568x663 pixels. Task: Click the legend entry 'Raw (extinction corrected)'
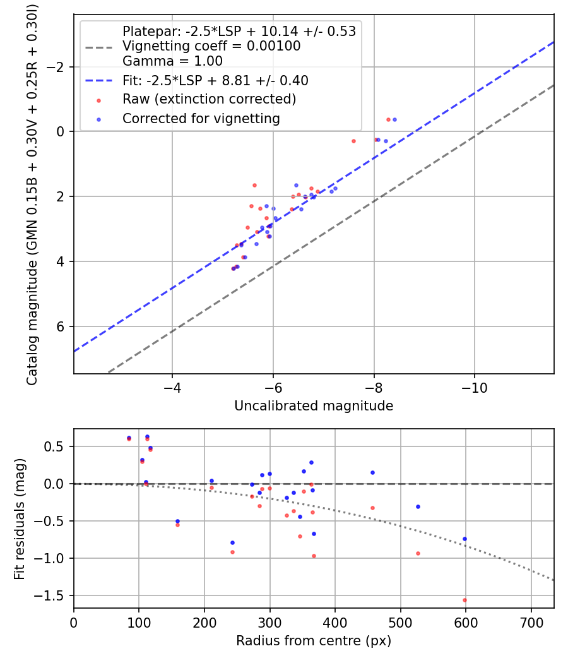tap(209, 99)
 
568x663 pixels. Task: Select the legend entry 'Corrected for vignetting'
tap(201, 118)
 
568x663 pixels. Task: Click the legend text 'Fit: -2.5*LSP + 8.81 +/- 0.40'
tap(215, 81)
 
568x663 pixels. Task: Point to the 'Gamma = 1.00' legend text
tap(172, 61)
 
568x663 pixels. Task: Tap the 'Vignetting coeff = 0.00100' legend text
tap(211, 46)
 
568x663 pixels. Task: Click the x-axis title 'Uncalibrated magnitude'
tap(314, 406)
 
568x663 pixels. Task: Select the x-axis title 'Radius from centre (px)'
tap(314, 641)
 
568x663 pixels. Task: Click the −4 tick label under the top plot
tap(172, 386)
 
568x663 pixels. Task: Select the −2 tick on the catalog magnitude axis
tap(58, 67)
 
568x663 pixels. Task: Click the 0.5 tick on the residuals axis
tap(56, 446)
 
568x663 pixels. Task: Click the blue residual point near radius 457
tap(372, 472)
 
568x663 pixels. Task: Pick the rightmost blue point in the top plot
tap(394, 119)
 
